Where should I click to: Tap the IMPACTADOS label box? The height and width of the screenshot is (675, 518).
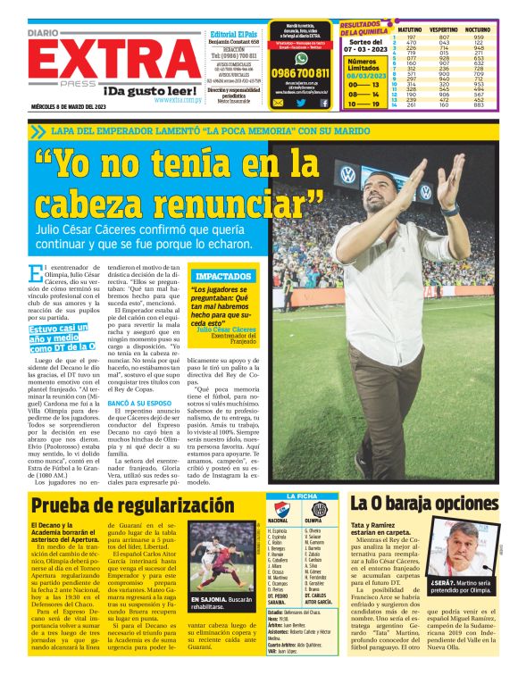coord(222,276)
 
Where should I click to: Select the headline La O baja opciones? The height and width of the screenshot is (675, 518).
coord(423,503)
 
